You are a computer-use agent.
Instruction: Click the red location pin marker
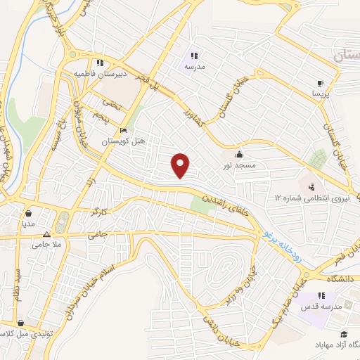(181, 166)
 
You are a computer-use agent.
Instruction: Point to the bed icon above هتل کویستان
(124, 130)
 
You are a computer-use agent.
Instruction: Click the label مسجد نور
(238, 165)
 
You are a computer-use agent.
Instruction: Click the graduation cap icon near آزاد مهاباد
(345, 333)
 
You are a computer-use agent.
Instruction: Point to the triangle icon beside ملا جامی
(47, 235)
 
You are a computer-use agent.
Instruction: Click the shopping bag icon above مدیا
(28, 213)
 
